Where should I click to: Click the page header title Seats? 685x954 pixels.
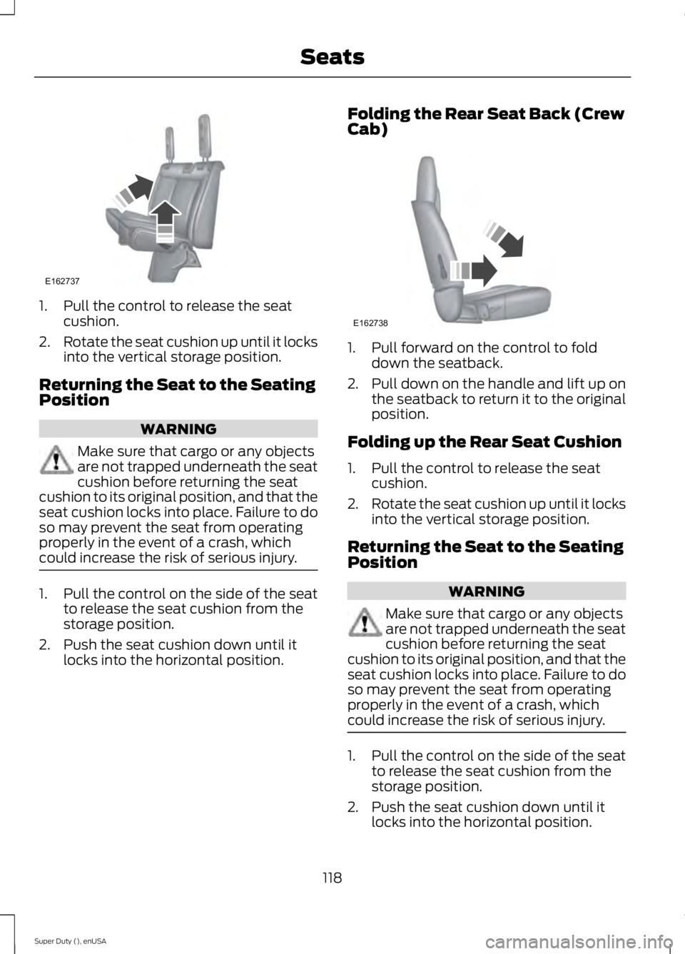[x=332, y=56]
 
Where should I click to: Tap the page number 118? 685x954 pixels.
[x=332, y=877]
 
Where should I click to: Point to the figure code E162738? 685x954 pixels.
[x=370, y=323]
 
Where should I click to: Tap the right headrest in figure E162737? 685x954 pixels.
[x=205, y=129]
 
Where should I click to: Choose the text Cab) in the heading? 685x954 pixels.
[x=367, y=131]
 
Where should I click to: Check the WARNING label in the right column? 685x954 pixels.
[x=487, y=591]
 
